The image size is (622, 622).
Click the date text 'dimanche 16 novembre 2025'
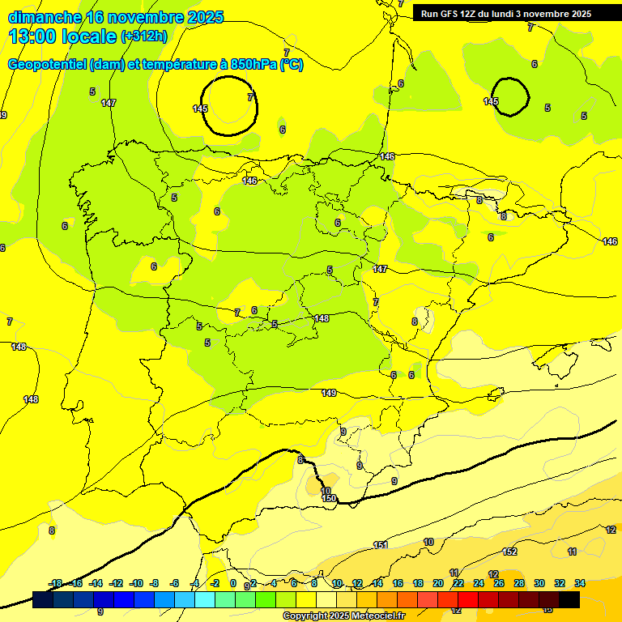(116, 17)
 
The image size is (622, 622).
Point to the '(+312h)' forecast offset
(144, 36)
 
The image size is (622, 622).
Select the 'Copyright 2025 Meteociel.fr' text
(344, 616)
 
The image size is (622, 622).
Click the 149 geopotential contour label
(329, 393)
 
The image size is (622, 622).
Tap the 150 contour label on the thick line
(329, 498)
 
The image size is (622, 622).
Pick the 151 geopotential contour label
(381, 545)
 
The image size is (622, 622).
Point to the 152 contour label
(509, 552)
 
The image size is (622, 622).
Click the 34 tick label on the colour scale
(580, 583)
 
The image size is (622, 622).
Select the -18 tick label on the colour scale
(55, 583)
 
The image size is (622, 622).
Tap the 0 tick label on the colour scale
(233, 583)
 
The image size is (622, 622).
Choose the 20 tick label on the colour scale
(438, 583)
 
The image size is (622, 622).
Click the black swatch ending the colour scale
(569, 599)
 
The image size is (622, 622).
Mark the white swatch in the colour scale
(326, 599)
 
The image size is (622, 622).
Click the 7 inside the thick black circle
(249, 96)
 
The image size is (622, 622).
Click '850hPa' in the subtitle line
(253, 65)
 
